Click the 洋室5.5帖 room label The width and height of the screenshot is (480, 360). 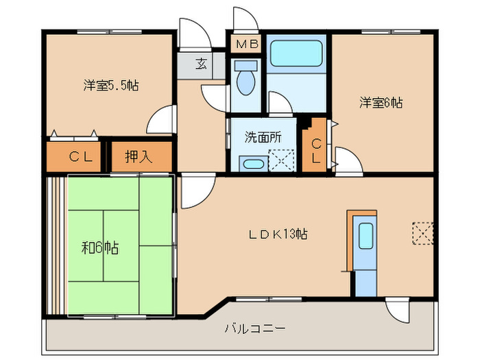point(112,86)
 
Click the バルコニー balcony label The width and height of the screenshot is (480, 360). point(254,328)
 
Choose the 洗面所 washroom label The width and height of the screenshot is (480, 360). point(263,136)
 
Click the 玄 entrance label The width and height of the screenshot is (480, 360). point(201,64)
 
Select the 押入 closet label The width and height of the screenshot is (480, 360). point(139,157)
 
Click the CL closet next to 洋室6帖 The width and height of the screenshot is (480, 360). point(315,151)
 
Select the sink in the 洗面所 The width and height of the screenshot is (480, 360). point(252,164)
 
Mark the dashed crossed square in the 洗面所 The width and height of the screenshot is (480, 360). point(280,163)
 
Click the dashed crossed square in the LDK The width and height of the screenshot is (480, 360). point(423,232)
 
